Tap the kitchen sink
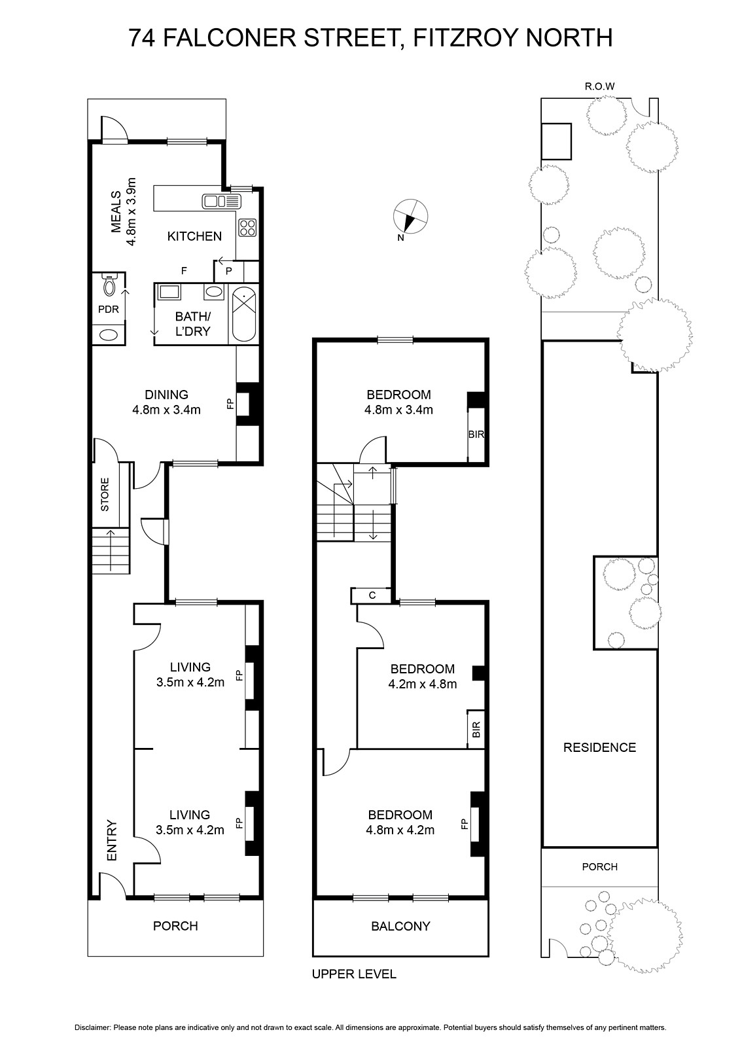coord(222,202)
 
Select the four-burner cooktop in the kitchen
coord(247,228)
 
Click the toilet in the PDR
coord(109,285)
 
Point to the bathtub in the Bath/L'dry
coord(244,315)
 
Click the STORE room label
coord(105,494)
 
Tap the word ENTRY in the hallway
coord(112,840)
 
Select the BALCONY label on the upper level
coord(400,926)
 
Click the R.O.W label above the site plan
coord(599,86)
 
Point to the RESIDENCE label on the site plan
coord(600,747)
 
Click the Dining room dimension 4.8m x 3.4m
coord(166,410)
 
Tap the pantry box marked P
coord(228,271)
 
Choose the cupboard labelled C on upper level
coord(372,595)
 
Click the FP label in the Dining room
coord(230,404)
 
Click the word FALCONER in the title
coord(230,39)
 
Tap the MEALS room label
coord(116,212)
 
